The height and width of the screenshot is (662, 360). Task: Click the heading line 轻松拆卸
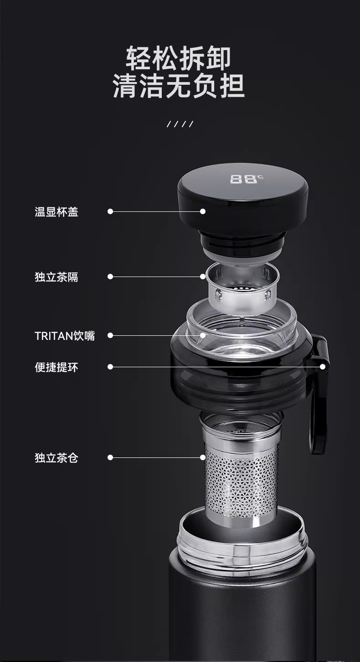178,58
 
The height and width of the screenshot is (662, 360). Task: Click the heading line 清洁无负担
179,86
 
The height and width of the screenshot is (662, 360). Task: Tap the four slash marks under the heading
180,124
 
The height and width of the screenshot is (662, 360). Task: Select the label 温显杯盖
57,212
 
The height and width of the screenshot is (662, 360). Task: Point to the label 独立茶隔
57,277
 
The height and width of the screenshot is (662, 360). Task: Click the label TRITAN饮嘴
65,336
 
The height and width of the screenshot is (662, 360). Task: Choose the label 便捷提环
57,367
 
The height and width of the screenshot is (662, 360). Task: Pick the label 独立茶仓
57,458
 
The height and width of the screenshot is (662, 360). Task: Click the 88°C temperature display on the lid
246,179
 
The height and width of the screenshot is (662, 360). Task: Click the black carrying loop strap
319,393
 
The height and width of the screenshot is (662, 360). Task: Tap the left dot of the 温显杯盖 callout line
110,211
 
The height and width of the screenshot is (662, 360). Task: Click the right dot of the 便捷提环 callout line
323,367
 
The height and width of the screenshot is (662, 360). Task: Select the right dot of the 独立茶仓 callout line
203,457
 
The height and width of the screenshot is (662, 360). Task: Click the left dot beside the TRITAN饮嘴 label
110,335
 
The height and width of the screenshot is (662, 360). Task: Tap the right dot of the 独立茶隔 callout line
203,277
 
